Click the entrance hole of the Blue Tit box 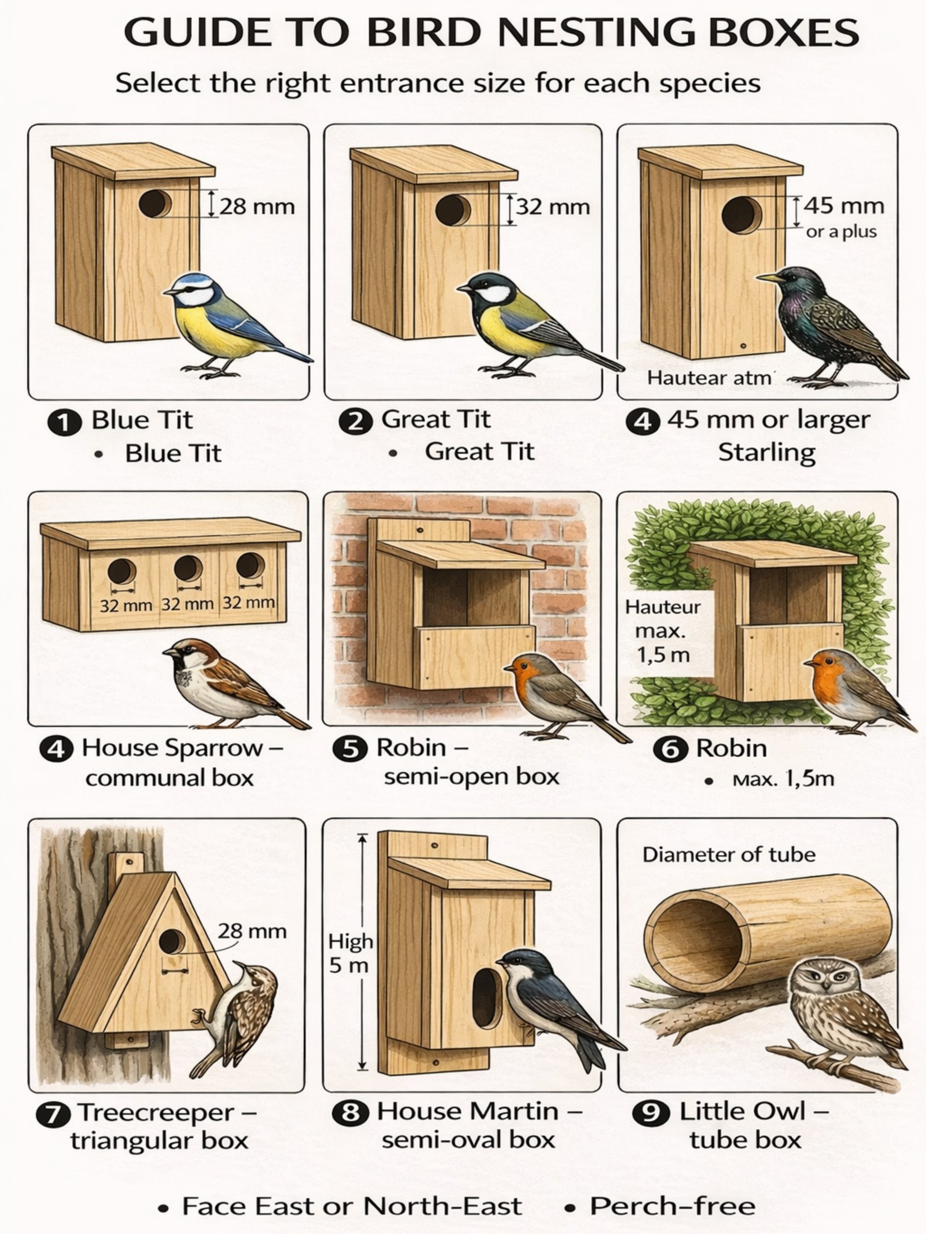155,204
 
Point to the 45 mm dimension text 843,205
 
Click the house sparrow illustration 235,684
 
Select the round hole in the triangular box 172,941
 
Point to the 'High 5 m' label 350,953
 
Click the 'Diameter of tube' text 729,854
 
